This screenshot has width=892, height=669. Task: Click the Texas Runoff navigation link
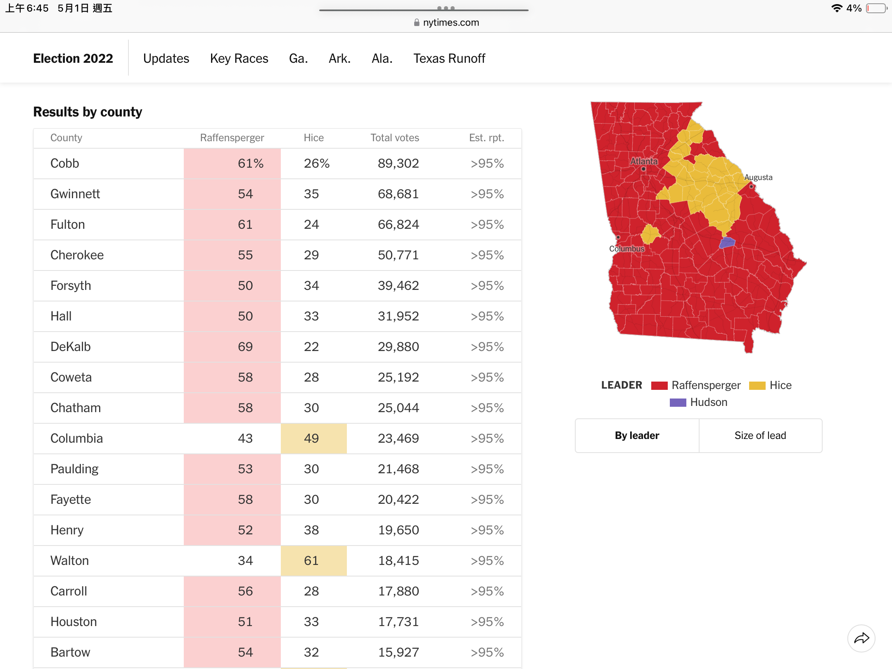point(449,58)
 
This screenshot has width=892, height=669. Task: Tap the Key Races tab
point(239,58)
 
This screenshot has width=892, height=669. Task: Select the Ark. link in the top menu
point(339,58)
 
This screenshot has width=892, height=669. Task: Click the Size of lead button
point(760,435)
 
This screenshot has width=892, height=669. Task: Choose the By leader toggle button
point(637,435)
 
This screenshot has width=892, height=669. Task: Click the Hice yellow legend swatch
point(757,385)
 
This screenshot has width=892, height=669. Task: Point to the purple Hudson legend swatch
point(678,402)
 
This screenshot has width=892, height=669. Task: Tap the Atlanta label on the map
point(644,161)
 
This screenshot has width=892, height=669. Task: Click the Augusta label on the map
point(758,177)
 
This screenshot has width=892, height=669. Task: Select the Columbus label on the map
point(627,249)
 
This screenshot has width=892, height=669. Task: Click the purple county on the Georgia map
point(727,242)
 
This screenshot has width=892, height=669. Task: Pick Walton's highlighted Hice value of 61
point(311,560)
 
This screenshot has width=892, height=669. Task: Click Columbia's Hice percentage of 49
point(311,438)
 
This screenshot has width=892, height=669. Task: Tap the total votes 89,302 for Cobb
point(398,163)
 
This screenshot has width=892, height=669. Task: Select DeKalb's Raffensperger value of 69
point(245,346)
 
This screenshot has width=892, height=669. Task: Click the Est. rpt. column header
point(486,138)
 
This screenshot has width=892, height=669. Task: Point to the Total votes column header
point(395,138)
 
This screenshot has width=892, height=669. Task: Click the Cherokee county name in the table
point(77,255)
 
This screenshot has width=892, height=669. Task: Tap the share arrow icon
point(861,638)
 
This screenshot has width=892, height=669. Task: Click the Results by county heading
point(88,112)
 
